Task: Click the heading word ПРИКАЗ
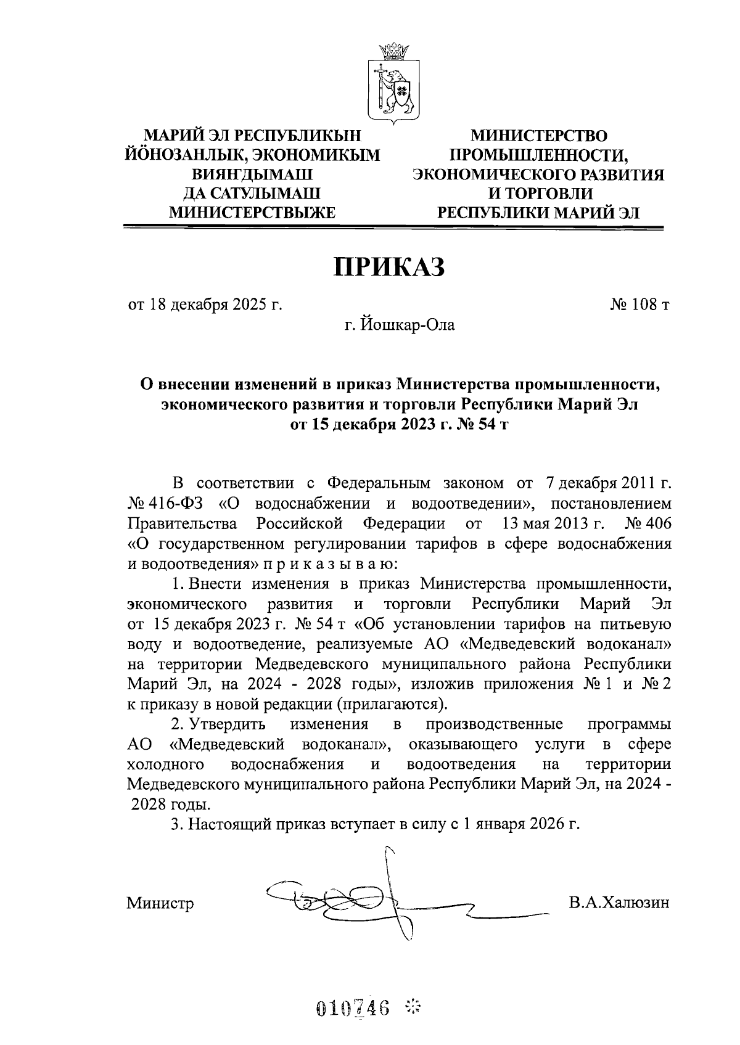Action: [388, 268]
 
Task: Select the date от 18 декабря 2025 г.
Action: [205, 305]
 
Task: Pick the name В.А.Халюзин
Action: [619, 903]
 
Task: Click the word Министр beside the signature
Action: [160, 904]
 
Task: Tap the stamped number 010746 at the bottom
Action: [353, 1009]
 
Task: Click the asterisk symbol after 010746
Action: [413, 1009]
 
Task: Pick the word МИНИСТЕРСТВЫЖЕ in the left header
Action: [252, 213]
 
